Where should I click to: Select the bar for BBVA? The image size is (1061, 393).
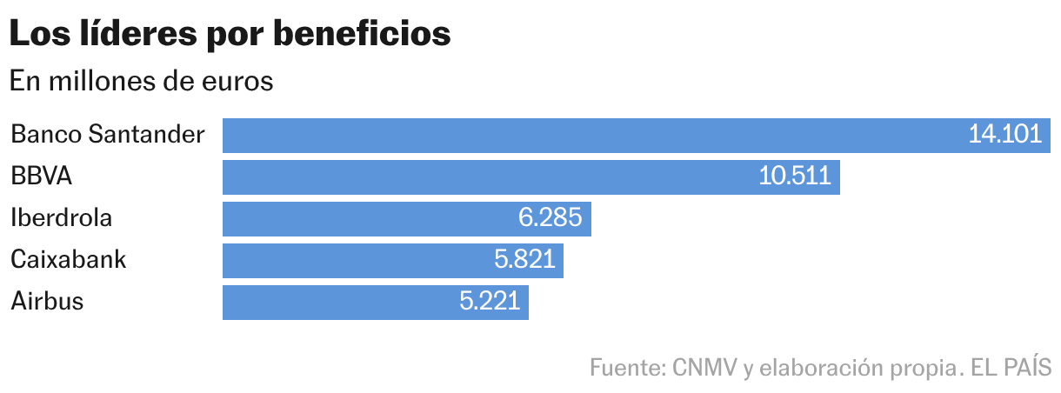click(487, 177)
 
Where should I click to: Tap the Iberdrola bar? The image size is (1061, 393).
click(365, 219)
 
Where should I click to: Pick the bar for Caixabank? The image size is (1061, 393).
click(348, 261)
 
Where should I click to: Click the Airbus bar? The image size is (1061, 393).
click(330, 303)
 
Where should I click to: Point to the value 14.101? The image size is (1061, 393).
click(1004, 135)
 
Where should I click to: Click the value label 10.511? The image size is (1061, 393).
click(795, 177)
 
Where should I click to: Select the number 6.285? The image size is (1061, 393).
click(550, 218)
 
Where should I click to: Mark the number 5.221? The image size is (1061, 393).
click(489, 302)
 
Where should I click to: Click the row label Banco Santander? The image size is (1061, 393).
click(108, 135)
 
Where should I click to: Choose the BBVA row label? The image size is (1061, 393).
click(41, 177)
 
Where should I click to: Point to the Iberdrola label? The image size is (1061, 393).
click(61, 218)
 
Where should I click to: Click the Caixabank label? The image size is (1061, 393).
click(69, 260)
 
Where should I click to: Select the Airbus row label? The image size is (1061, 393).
click(47, 302)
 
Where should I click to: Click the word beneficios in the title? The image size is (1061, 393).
click(363, 34)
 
